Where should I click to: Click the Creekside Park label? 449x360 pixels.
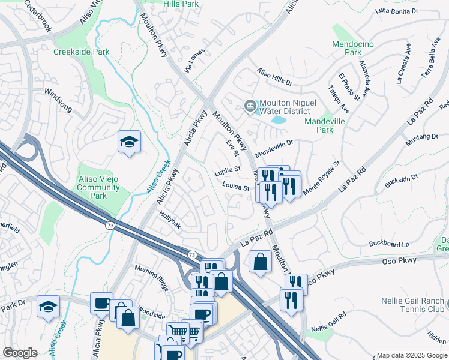coord(82,52)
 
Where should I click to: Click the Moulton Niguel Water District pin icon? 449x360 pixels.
coord(250,106)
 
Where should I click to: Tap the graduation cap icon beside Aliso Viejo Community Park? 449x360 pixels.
coord(129,142)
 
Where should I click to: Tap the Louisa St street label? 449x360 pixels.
coord(237,187)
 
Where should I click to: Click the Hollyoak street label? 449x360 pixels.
coord(170,220)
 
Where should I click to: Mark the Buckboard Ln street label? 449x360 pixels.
coord(388,244)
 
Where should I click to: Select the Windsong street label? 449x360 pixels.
coord(58,100)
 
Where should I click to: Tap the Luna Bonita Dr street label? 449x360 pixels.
coord(396,11)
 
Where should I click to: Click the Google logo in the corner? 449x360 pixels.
coord(20,353)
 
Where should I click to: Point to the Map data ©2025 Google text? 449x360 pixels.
coord(411,355)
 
